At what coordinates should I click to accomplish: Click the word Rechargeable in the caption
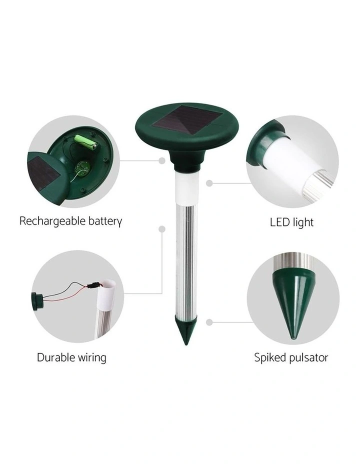(x=53, y=221)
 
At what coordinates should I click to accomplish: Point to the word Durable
(x=56, y=357)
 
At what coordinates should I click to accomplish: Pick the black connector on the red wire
(x=94, y=286)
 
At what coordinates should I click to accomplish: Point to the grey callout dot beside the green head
(x=162, y=160)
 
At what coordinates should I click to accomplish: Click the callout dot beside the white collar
(x=209, y=183)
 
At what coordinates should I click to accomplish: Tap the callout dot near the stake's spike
(x=209, y=322)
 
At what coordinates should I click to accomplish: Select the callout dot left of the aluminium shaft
(x=162, y=229)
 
